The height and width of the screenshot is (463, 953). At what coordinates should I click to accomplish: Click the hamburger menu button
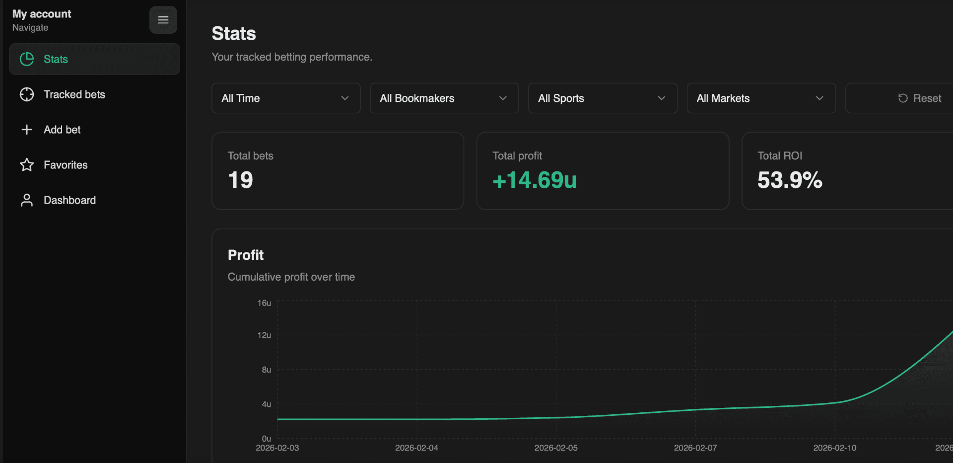point(163,20)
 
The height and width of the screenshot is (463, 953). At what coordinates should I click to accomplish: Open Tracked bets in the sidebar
point(74,94)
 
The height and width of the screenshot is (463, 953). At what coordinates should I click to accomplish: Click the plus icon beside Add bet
point(27,130)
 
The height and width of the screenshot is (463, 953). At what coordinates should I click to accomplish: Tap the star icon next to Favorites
point(27,165)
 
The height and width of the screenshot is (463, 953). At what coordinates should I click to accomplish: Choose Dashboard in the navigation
point(69,200)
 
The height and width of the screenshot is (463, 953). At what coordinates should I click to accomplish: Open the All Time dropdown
point(285,98)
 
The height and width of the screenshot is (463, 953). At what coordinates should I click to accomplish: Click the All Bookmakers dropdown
point(444,98)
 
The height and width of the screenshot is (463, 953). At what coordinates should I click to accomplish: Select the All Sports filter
point(602,98)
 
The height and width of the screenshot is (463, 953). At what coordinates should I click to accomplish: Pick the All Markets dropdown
point(760,98)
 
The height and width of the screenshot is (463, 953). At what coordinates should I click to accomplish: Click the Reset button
point(920,98)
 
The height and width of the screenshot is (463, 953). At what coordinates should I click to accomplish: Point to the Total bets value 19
point(241,180)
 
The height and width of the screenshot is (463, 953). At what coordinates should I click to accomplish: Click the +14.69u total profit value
point(535,180)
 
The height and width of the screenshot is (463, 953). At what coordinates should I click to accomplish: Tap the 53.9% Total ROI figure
point(790,180)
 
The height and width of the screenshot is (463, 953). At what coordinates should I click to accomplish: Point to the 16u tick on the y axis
point(264,303)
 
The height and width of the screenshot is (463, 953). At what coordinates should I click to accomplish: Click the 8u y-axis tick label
point(267,370)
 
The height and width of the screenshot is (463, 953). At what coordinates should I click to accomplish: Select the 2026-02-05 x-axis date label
point(556,448)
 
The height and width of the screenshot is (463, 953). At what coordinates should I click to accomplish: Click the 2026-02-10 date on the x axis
point(834,448)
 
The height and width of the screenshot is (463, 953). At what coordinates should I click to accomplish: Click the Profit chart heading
point(246,255)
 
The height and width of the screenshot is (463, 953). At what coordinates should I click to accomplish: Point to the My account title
point(42,14)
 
